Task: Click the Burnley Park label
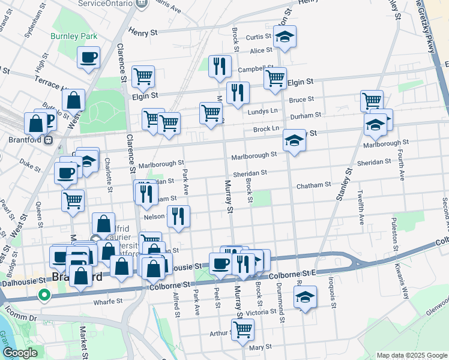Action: pyautogui.click(x=74, y=37)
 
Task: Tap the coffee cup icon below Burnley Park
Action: pyautogui.click(x=89, y=58)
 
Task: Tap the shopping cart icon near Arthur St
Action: pyautogui.click(x=243, y=328)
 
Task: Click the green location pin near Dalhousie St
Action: pyautogui.click(x=43, y=295)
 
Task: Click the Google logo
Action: pyautogui.click(x=20, y=353)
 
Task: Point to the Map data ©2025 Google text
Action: pyautogui.click(x=411, y=355)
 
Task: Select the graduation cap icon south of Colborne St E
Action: pyautogui.click(x=305, y=296)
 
